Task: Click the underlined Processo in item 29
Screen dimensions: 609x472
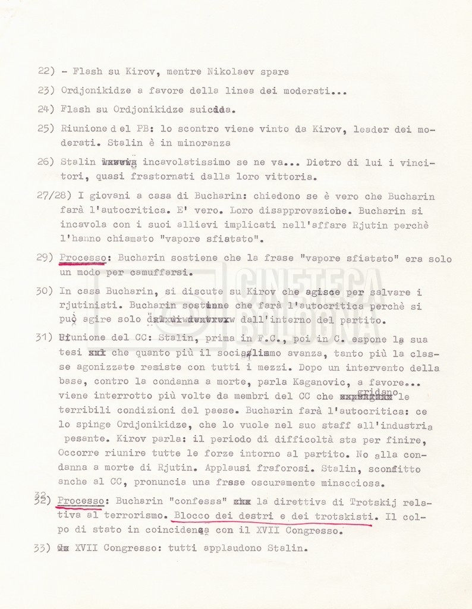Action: (83, 259)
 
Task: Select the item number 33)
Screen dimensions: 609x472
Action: (46, 549)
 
